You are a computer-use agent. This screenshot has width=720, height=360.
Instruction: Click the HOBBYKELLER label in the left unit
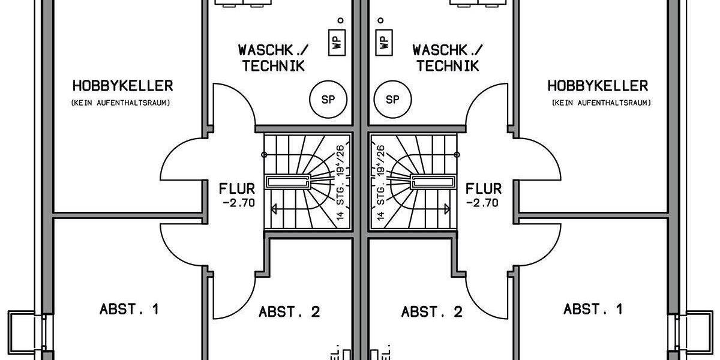122,86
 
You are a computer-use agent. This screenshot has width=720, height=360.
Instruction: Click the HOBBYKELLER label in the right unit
598,86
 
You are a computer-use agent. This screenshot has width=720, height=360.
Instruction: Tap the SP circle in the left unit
328,100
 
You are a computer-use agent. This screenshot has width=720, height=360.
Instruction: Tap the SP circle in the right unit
392,100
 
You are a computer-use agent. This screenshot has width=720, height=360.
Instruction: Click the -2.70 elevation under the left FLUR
238,203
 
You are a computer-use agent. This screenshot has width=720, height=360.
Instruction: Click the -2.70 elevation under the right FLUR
483,203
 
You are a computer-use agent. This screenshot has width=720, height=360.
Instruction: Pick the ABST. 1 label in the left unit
129,310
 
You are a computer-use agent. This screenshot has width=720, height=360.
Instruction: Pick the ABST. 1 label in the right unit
593,310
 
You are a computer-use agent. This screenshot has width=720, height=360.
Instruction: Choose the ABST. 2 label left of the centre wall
289,312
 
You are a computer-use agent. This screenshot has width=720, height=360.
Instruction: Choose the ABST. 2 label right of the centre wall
432,312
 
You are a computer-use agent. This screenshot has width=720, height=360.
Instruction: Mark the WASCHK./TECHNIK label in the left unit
273,57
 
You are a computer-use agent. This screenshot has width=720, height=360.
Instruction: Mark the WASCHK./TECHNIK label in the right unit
448,57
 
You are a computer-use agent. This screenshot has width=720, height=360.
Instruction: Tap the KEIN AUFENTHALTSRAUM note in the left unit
121,103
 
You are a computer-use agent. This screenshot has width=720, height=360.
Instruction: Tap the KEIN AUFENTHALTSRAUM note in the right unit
601,103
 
